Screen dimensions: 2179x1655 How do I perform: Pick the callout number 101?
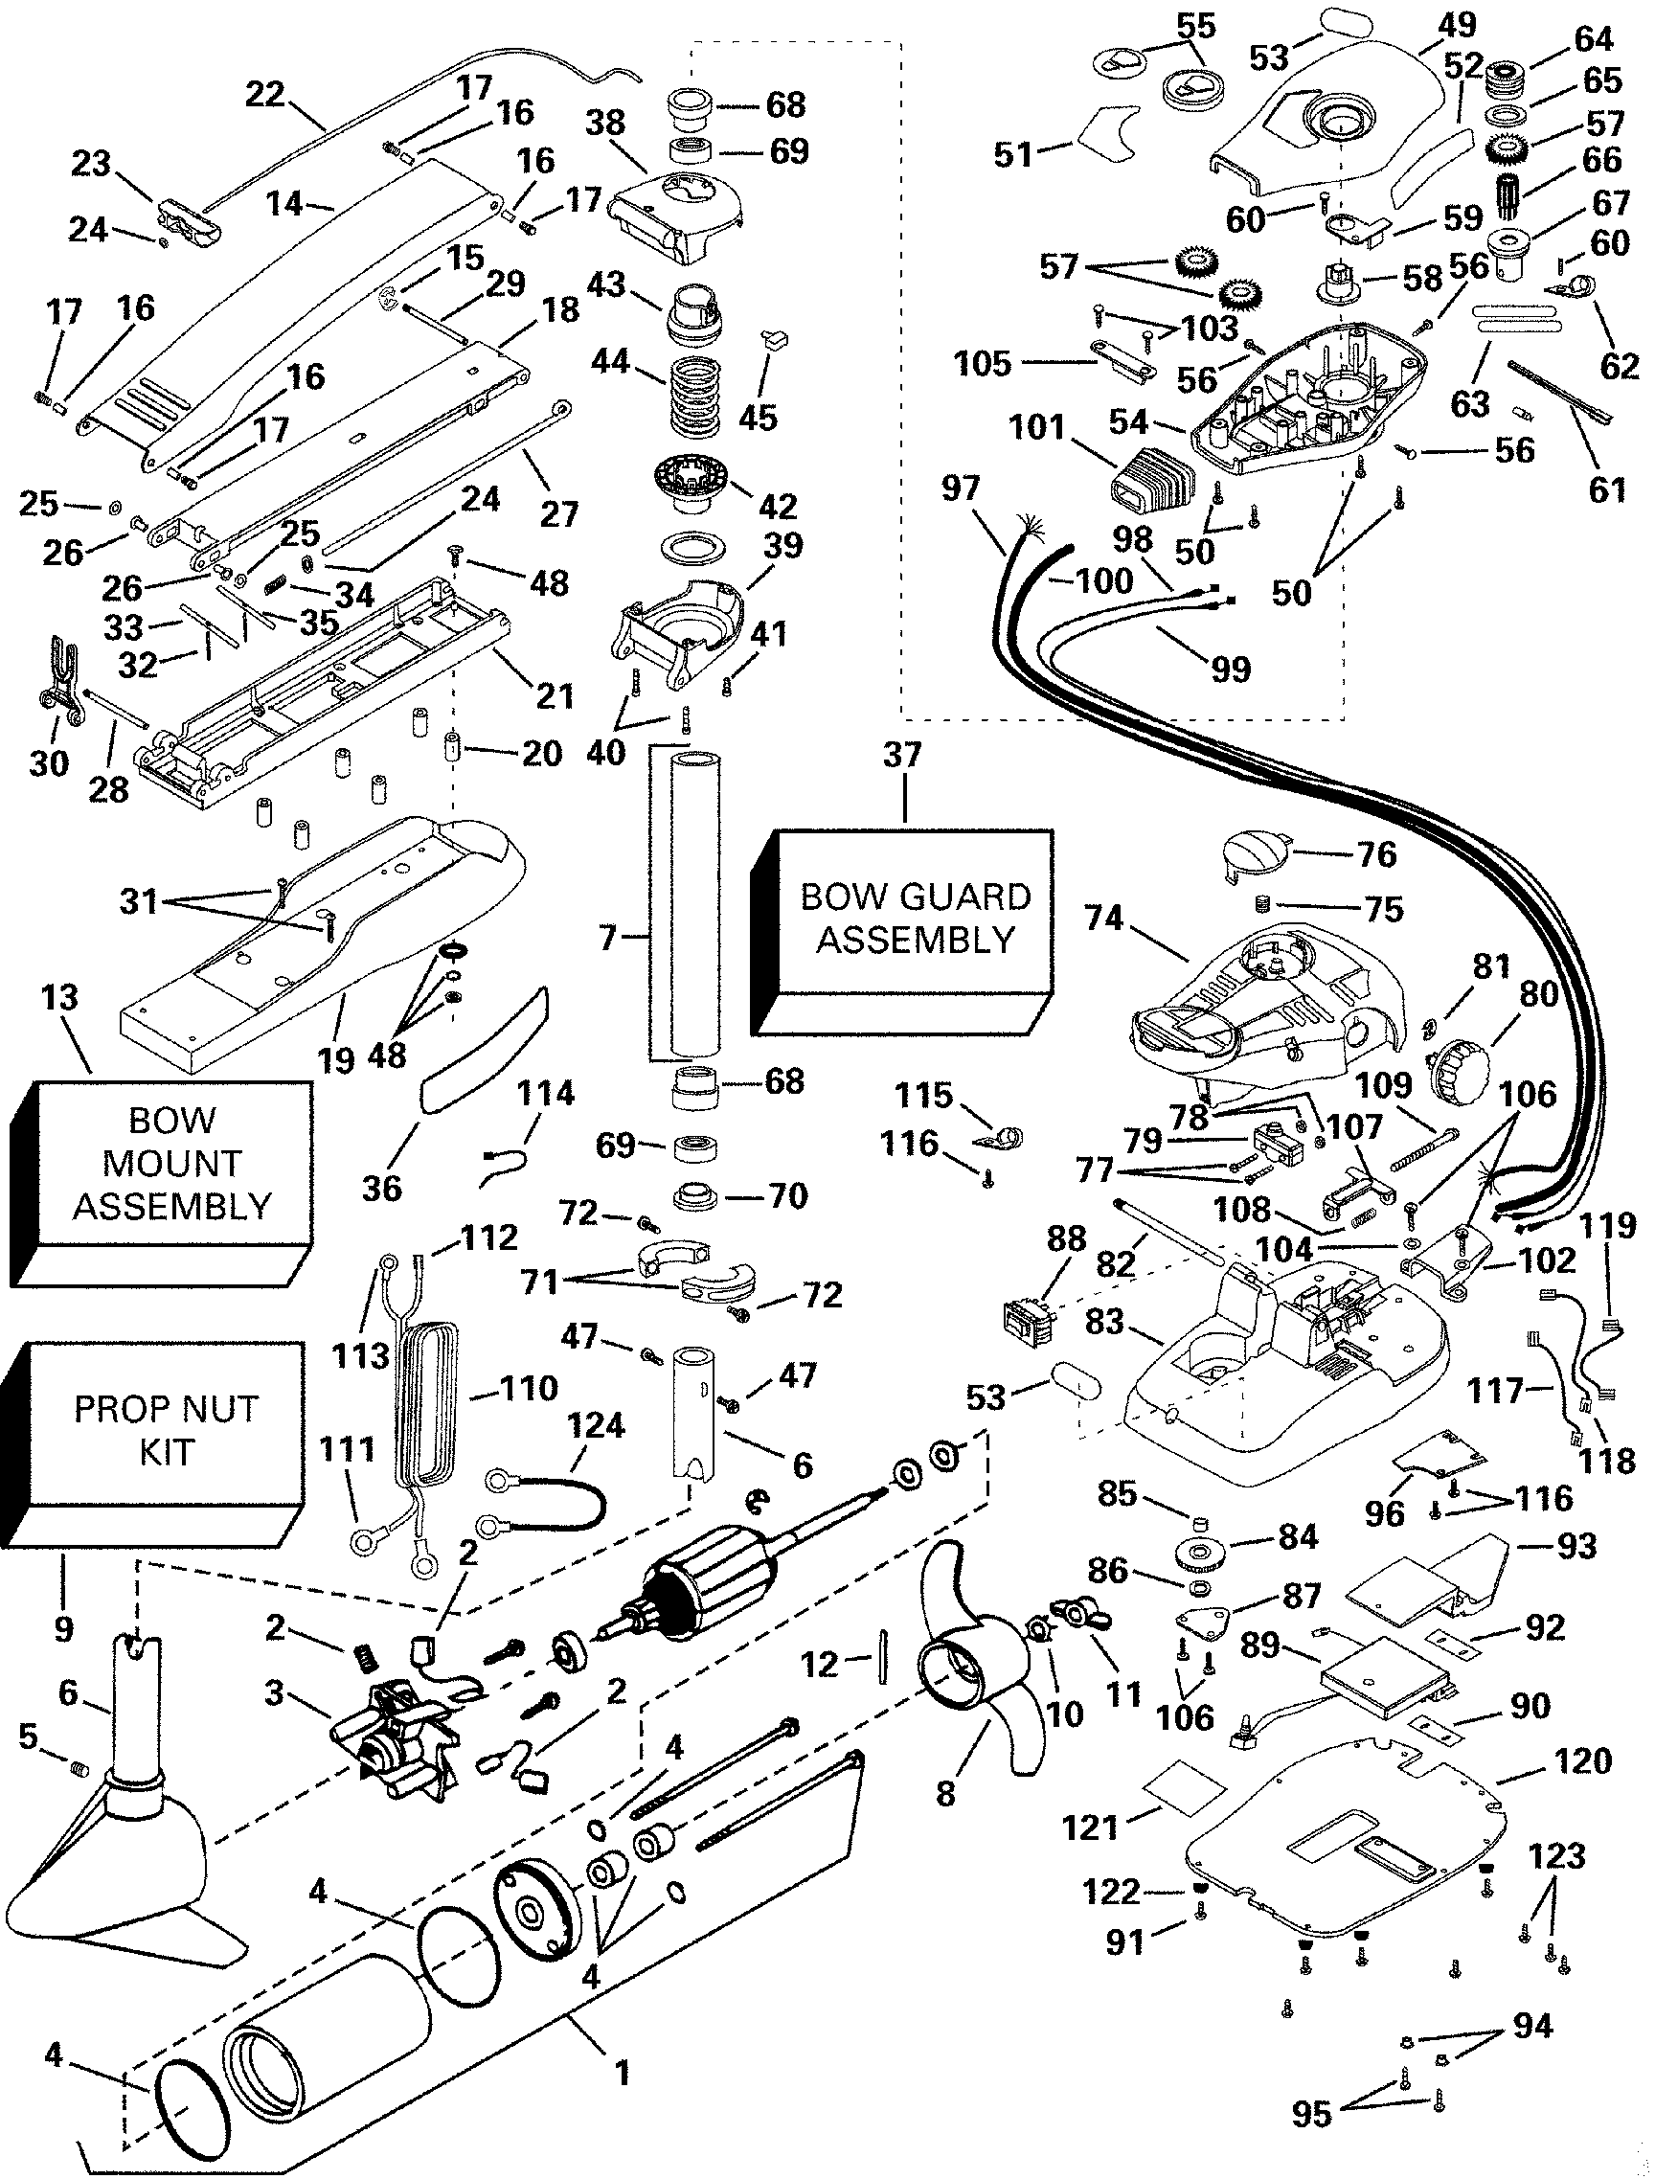1037,428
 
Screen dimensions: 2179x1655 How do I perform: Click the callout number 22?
265,96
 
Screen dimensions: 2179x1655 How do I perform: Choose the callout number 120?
1582,1760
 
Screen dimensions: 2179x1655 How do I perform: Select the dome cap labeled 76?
1256,851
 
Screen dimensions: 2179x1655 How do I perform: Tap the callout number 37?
902,757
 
